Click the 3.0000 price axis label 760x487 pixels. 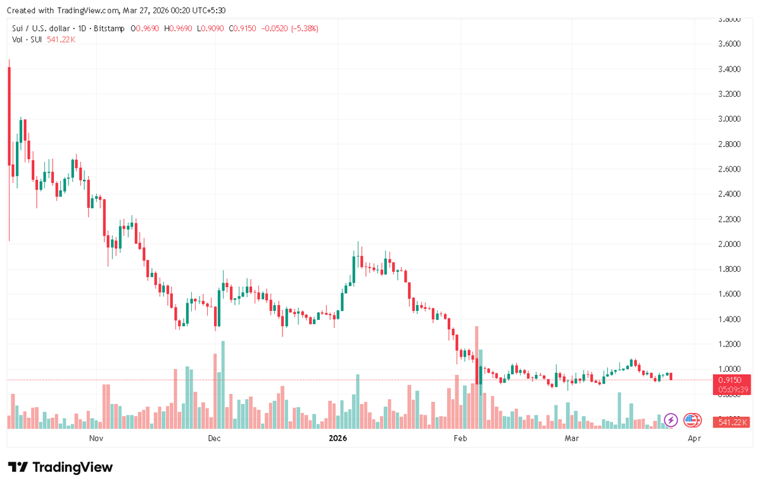pos(728,119)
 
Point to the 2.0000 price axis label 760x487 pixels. pos(728,244)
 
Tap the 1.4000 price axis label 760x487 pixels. pos(728,319)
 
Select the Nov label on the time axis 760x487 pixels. pos(96,438)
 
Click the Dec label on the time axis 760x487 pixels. pos(214,438)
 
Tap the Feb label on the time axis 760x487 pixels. pos(460,438)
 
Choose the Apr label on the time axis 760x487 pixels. pos(694,438)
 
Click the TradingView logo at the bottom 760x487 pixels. pos(61,467)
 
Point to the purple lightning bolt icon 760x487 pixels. pos(671,420)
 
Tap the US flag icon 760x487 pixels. pos(691,420)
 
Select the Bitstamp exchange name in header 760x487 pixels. pos(111,28)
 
